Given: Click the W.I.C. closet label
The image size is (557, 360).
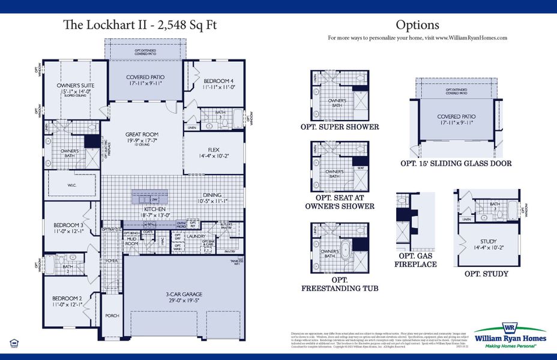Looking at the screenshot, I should pos(71,185).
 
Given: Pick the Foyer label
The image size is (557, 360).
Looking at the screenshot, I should pos(112,261).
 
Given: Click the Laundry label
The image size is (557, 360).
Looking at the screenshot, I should pos(196,236).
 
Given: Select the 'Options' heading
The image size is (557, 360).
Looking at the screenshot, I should pos(417,25).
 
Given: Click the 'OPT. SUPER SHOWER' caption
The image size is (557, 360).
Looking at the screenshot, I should pos(340,127).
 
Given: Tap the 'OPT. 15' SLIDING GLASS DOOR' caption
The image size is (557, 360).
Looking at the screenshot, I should pos(456,163).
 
